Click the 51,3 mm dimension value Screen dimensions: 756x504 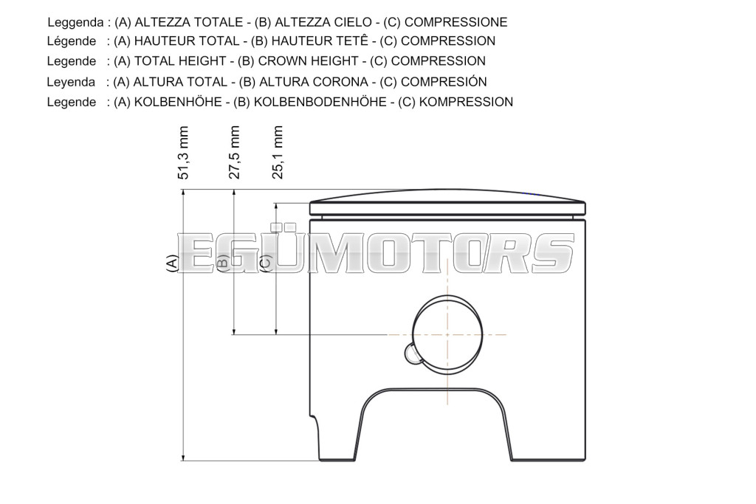184,153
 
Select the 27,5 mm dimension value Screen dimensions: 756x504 234,153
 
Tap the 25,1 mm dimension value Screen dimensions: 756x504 278,153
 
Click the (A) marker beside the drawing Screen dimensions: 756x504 172,264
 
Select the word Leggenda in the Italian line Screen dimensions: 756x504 76,23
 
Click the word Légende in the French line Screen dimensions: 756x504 72,41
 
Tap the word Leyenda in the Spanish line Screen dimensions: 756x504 71,82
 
